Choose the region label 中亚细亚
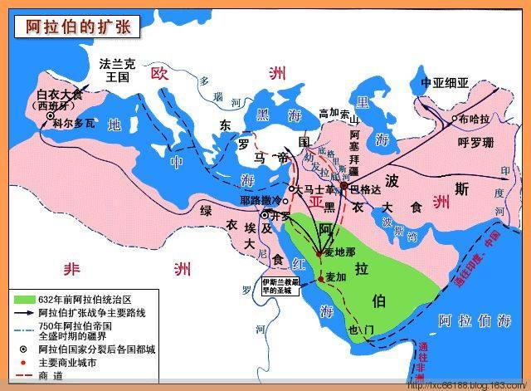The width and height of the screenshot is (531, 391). coord(446,83)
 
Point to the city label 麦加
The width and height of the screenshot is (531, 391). coord(335,277)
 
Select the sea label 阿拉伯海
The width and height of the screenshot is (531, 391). coord(470,320)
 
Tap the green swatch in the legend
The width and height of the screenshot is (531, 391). coord(23,298)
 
